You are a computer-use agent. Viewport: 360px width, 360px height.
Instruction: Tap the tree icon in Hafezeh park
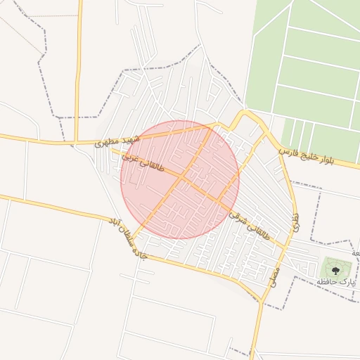[x=336, y=267]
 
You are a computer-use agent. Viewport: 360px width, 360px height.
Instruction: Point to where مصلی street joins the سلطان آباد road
[x=262, y=301]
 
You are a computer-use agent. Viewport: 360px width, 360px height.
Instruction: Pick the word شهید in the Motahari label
[x=131, y=139]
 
